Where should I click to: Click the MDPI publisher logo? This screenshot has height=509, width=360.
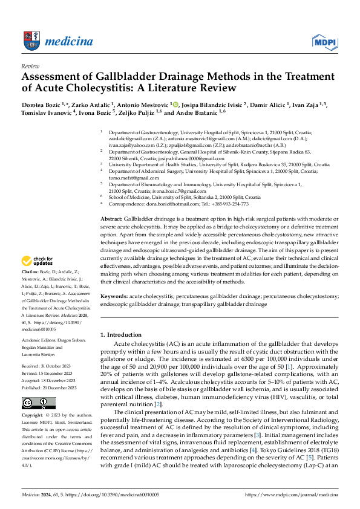tap(324, 41)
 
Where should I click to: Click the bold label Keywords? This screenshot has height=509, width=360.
tap(114, 297)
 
